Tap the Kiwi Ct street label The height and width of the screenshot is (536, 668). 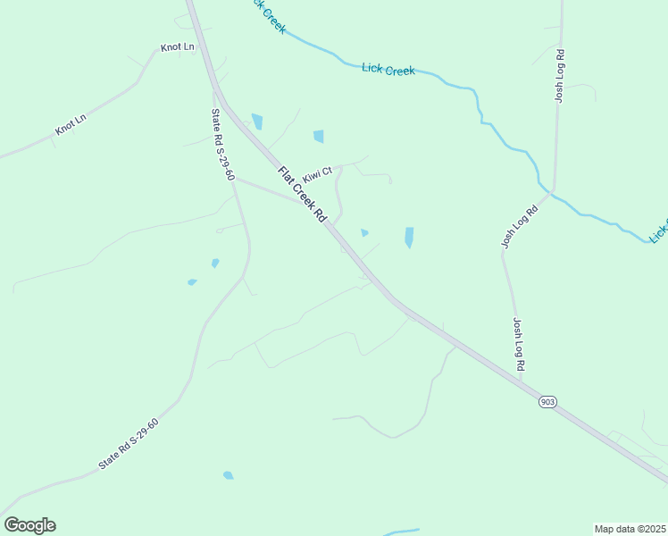317,172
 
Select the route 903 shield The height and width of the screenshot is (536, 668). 547,403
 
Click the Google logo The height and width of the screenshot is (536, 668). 29,525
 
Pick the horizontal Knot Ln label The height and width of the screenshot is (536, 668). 177,46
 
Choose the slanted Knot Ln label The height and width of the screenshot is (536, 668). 71,125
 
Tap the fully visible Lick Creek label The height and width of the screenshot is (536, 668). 388,69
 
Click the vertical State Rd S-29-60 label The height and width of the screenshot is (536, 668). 221,144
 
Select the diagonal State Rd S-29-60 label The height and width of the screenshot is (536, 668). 129,444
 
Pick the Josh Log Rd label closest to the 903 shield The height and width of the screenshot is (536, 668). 518,345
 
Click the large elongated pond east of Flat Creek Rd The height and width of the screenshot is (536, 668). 409,237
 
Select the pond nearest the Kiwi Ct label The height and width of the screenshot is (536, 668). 319,137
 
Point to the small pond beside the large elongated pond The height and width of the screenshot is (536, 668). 364,233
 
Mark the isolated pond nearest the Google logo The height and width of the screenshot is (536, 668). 228,475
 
